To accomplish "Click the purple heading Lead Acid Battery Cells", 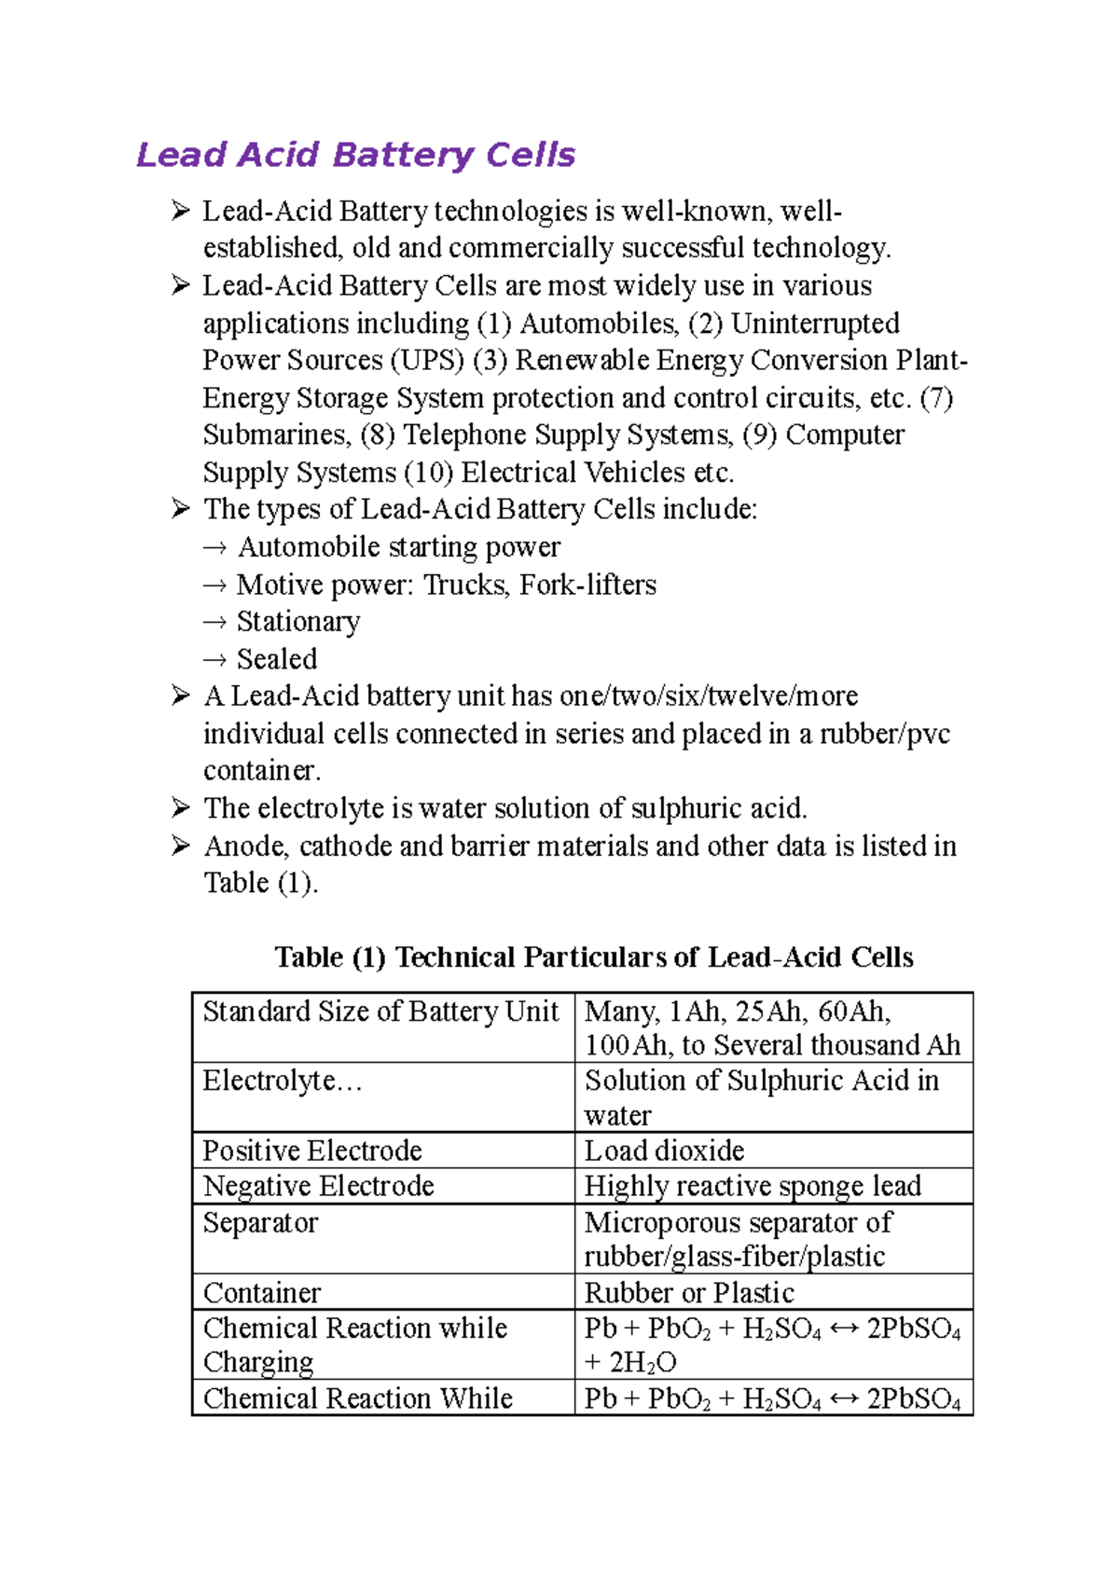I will (x=355, y=155).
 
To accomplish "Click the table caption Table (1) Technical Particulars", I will (x=593, y=957).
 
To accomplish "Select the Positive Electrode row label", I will (x=312, y=1150).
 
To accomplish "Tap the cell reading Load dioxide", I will (x=664, y=1150).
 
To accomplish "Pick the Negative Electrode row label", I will (x=319, y=1186).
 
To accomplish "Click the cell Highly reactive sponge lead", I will (x=753, y=1186).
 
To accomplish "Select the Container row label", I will (x=262, y=1293).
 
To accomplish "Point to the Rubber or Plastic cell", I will (x=689, y=1293).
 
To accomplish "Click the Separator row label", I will (x=260, y=1222).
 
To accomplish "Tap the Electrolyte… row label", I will (x=283, y=1081).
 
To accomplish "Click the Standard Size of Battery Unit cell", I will (x=380, y=1012).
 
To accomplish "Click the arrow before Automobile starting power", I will (x=214, y=548).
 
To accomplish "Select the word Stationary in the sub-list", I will (x=298, y=622).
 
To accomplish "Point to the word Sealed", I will (x=277, y=659).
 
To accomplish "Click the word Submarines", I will (x=277, y=435).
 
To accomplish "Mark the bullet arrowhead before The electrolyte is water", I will (x=181, y=807).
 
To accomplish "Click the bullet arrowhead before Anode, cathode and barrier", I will (x=181, y=846).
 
